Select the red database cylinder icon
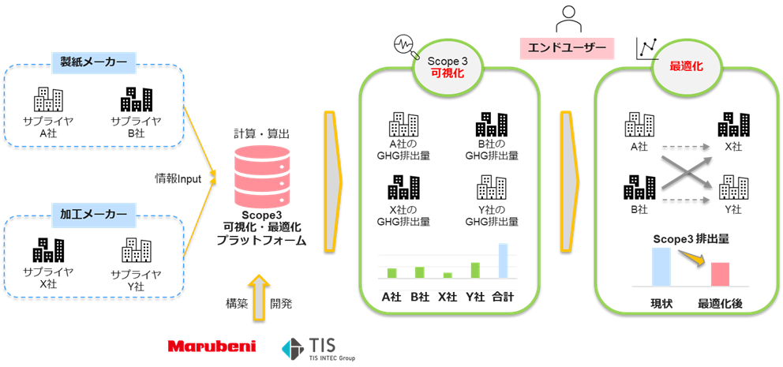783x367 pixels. pyautogui.click(x=262, y=178)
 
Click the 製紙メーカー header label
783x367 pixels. pyautogui.click(x=93, y=62)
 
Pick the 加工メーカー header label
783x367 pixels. pyautogui.click(x=93, y=214)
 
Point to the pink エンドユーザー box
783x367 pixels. pyautogui.click(x=566, y=48)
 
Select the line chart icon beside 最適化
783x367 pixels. pyautogui.click(x=647, y=49)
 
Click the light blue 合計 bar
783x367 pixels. pyautogui.click(x=503, y=260)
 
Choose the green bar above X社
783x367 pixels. pyautogui.click(x=448, y=275)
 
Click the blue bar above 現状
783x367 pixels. pyautogui.click(x=660, y=266)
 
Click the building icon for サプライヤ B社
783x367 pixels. pyautogui.click(x=136, y=99)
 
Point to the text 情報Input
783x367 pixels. pyautogui.click(x=178, y=179)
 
